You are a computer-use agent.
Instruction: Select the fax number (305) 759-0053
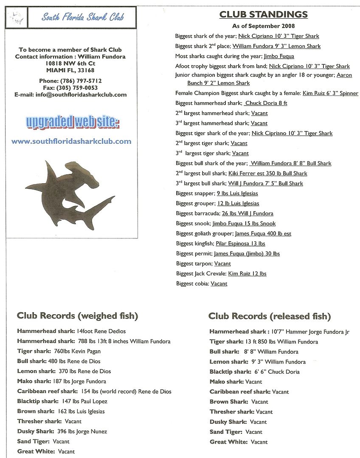81,87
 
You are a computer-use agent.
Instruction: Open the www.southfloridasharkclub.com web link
71,141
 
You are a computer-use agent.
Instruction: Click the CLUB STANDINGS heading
264,14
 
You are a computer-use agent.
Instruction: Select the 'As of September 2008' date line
264,26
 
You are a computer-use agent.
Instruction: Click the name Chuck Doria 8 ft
266,103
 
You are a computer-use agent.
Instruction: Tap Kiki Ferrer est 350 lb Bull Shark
267,173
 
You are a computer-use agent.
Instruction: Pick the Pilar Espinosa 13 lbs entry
240,243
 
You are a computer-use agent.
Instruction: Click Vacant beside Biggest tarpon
222,264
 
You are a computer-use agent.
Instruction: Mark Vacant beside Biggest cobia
219,284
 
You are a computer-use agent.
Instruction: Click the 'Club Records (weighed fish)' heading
77,316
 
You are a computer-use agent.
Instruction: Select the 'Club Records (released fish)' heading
270,316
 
